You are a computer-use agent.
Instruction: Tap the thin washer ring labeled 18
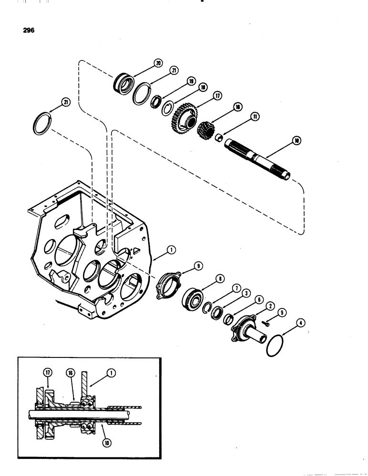(168, 108)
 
